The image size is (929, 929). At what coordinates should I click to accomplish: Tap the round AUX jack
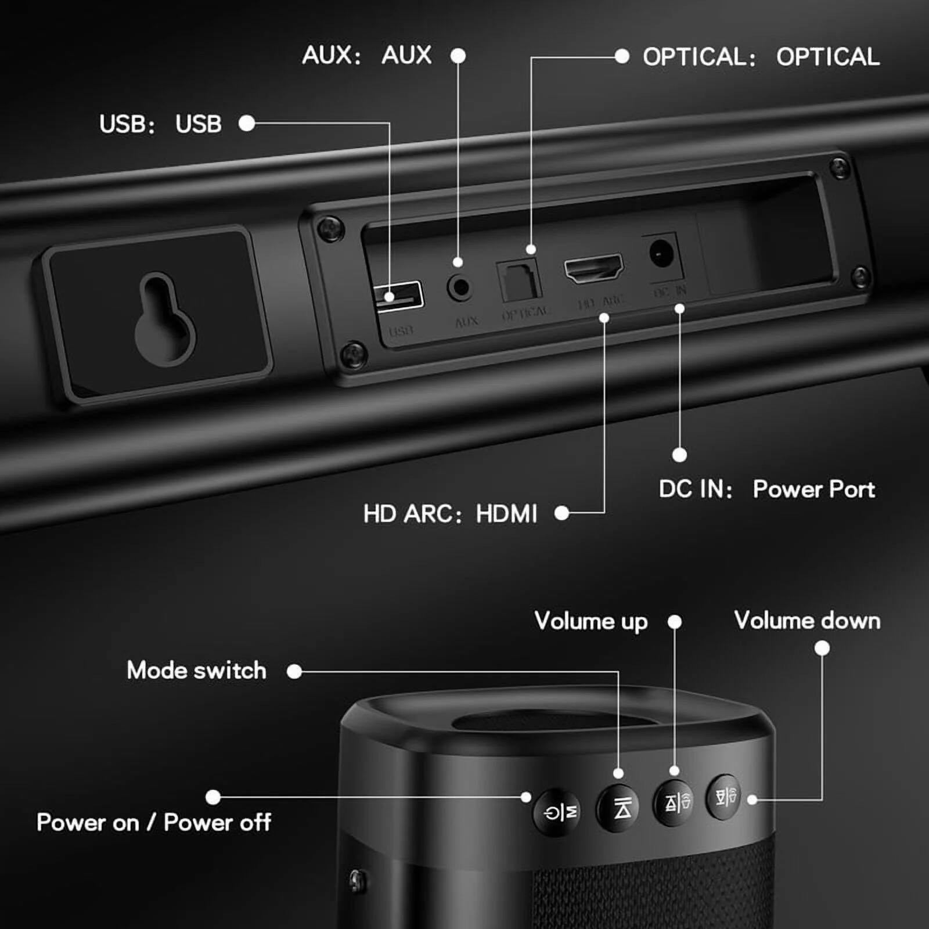[x=459, y=287]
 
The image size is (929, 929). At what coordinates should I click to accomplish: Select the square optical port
[x=519, y=281]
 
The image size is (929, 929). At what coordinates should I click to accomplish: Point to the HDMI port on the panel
[x=593, y=268]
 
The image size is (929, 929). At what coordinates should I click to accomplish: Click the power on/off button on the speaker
[x=557, y=812]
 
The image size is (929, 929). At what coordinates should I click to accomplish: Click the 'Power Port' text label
[x=813, y=489]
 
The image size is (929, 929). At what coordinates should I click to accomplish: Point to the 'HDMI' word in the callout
[x=506, y=514]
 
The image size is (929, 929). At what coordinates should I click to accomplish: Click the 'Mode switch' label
[x=196, y=671]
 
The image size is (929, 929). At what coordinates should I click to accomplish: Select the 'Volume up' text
[x=590, y=621]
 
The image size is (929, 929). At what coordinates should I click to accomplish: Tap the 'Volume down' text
[x=807, y=621]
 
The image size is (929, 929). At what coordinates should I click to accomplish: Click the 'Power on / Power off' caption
[x=153, y=823]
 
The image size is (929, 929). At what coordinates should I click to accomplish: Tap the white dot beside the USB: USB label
[x=247, y=123]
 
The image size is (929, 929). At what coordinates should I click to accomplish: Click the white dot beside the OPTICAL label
[x=622, y=56]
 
